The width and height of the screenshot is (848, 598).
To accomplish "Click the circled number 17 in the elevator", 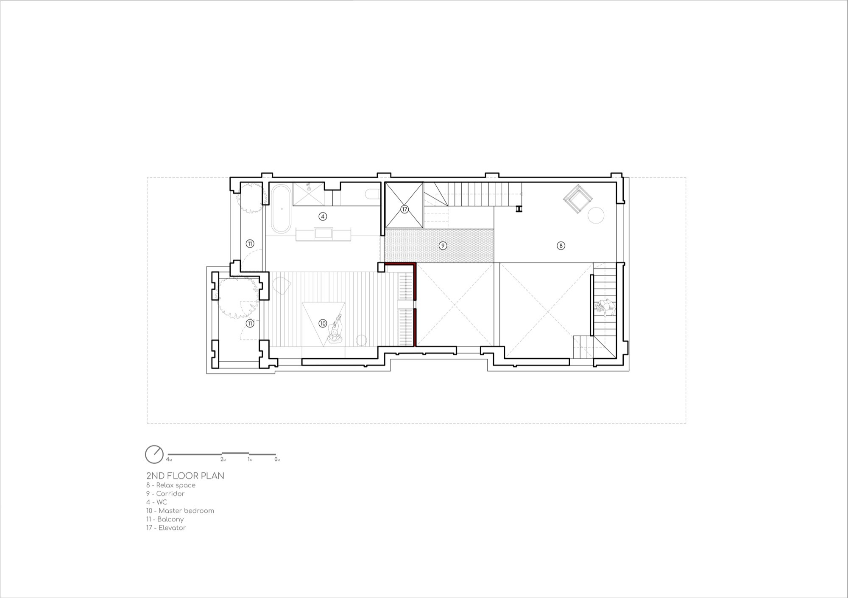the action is pyautogui.click(x=404, y=209).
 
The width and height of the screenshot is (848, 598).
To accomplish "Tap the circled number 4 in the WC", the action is pyautogui.click(x=323, y=216).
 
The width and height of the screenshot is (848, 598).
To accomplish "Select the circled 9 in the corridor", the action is pyautogui.click(x=443, y=246).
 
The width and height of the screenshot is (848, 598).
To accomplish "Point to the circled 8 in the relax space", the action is pyautogui.click(x=561, y=246).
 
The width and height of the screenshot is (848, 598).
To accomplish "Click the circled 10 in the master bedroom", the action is pyautogui.click(x=323, y=324).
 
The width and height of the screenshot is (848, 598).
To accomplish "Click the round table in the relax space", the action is pyautogui.click(x=596, y=215).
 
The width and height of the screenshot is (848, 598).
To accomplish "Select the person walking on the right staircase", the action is pyautogui.click(x=605, y=307).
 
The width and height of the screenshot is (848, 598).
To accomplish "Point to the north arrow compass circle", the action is pyautogui.click(x=154, y=454).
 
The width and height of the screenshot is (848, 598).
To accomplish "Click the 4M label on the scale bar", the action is pyautogui.click(x=169, y=460).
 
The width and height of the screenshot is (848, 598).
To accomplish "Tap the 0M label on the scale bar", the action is pyautogui.click(x=277, y=460).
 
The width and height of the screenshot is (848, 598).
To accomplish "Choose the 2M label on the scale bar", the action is pyautogui.click(x=223, y=460).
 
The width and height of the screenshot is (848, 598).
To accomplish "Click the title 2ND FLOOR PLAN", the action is pyautogui.click(x=185, y=476).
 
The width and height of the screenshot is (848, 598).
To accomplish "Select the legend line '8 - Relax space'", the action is pyautogui.click(x=171, y=485).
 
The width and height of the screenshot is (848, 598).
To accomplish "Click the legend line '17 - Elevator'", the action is pyautogui.click(x=166, y=528).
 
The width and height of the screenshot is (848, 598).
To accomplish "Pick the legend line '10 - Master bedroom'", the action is pyautogui.click(x=180, y=511).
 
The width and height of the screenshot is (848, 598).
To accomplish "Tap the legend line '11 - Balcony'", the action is pyautogui.click(x=165, y=519).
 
